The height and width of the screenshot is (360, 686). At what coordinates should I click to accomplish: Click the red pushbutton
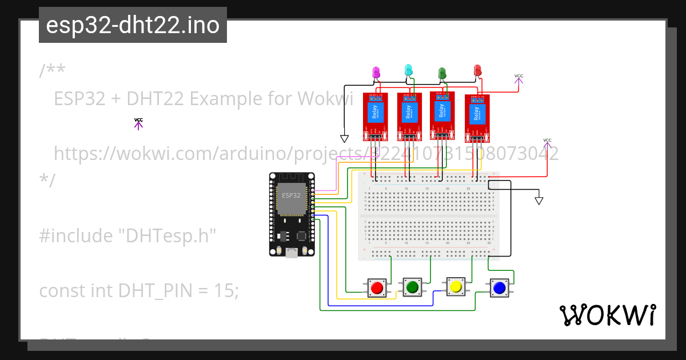pos(376,288)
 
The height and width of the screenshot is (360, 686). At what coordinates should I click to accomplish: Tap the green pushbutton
pos(412,286)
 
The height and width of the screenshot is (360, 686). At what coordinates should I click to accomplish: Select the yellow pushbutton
pos(456,286)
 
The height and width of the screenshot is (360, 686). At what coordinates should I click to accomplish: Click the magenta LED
pos(376,73)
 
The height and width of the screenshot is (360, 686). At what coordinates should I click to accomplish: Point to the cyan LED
pos(408,70)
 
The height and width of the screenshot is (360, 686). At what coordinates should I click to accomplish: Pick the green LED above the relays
pos(441,73)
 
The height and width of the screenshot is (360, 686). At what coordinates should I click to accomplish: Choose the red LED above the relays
pos(478,70)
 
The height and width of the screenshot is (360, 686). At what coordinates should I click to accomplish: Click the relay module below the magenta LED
pos(376,116)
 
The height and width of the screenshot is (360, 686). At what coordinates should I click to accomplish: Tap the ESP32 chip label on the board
pos(290,195)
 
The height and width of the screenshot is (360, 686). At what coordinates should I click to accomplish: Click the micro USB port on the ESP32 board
pos(292,253)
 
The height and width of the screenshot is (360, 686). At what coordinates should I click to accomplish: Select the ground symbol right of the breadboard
pos(539,201)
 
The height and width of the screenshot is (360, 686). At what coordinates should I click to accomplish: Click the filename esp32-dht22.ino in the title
pos(133,25)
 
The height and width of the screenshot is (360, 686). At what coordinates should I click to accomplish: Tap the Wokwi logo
pos(607,315)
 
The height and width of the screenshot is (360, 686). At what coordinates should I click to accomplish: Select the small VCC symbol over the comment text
pos(138,123)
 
